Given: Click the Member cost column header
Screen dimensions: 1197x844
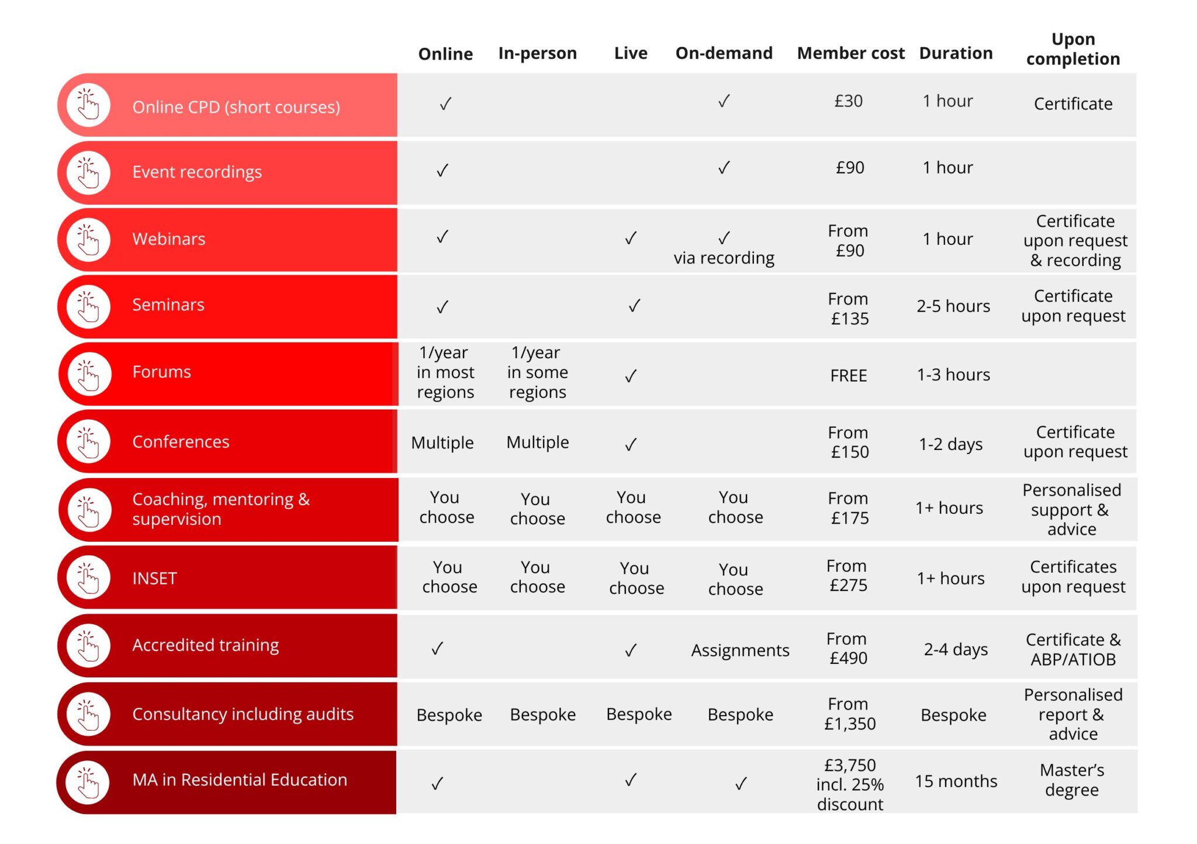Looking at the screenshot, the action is [850, 53].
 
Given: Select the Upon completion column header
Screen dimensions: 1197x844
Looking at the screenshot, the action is [1073, 49].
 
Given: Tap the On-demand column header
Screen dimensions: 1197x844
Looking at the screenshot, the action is [724, 53].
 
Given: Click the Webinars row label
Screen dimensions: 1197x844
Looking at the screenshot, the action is [168, 238].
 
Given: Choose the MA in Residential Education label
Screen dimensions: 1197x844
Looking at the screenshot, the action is [240, 780].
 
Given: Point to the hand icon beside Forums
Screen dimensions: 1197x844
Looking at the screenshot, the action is [88, 374].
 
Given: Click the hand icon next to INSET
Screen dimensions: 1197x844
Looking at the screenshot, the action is [88, 578].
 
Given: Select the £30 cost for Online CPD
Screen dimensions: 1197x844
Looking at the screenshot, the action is [848, 101].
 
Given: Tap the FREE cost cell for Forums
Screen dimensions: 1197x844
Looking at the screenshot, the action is [848, 375].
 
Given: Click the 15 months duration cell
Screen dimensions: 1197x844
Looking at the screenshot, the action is [956, 781].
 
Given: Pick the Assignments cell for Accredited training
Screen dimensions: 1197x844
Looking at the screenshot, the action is [740, 650].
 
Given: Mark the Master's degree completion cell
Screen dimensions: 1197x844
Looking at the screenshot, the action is [1072, 780].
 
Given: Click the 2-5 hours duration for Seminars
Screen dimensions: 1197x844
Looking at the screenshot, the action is [953, 306].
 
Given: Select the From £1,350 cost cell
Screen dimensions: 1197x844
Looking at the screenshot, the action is [849, 714].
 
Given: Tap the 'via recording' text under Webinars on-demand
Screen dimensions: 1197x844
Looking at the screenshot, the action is [724, 258].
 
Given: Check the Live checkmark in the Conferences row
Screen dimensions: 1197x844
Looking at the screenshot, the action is [631, 445].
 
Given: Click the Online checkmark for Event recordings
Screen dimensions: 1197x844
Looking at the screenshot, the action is [442, 171].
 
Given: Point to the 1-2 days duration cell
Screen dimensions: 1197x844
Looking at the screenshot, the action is [950, 444].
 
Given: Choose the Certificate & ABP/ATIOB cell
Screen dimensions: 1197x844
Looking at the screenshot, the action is [1073, 649].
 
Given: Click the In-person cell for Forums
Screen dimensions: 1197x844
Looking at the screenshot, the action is [537, 372].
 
